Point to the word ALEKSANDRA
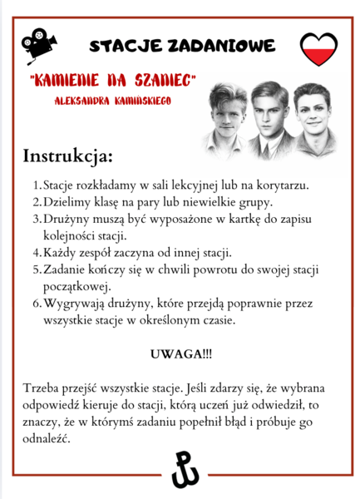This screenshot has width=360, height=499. point(83,98)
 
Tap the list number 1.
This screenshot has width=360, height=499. point(35,184)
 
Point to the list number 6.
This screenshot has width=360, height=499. point(35,303)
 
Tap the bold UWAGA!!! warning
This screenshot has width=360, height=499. point(180,353)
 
